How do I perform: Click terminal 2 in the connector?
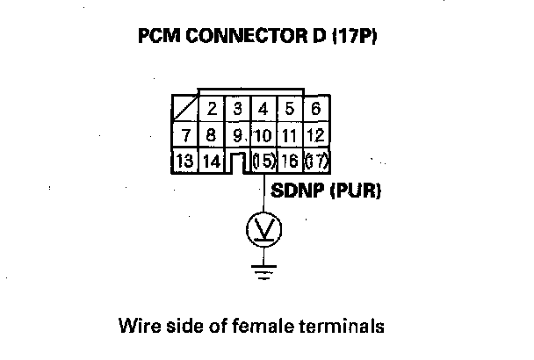(213, 111)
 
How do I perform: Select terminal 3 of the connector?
(238, 111)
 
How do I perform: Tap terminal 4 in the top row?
(263, 111)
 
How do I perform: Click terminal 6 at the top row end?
(316, 111)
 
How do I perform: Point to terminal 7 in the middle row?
(185, 135)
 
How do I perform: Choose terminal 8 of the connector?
(212, 135)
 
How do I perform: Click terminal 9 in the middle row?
(238, 135)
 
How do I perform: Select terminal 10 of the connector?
(263, 135)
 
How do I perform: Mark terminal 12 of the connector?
(316, 135)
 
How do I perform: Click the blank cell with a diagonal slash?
(186, 111)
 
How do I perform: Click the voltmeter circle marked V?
(263, 231)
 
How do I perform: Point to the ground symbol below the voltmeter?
(263, 270)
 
